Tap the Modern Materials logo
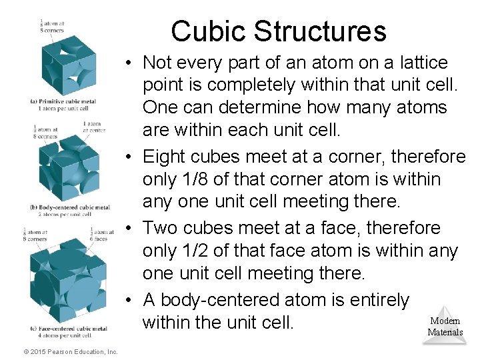click(x=445, y=327)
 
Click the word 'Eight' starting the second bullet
click(x=163, y=157)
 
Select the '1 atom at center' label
click(x=93, y=127)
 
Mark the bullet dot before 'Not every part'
click(x=128, y=63)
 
